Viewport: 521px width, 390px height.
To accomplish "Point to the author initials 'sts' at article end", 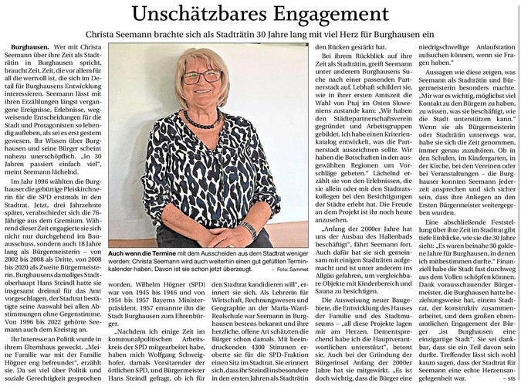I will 511,378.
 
